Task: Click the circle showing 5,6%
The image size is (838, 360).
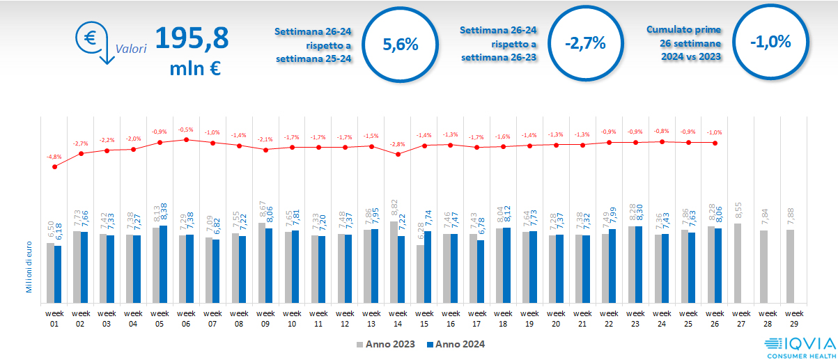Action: point(401,44)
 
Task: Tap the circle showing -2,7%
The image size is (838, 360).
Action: point(585,44)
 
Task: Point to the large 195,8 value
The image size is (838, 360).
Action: point(191,38)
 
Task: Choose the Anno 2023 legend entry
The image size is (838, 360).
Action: point(385,344)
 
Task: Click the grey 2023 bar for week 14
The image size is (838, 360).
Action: point(394,261)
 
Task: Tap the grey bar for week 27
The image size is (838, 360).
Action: point(738,263)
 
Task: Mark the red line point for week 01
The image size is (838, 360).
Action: point(54,166)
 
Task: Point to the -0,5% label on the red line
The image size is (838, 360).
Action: point(185,130)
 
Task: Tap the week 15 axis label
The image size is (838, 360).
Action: point(424,318)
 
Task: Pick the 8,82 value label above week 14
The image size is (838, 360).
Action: point(394,209)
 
